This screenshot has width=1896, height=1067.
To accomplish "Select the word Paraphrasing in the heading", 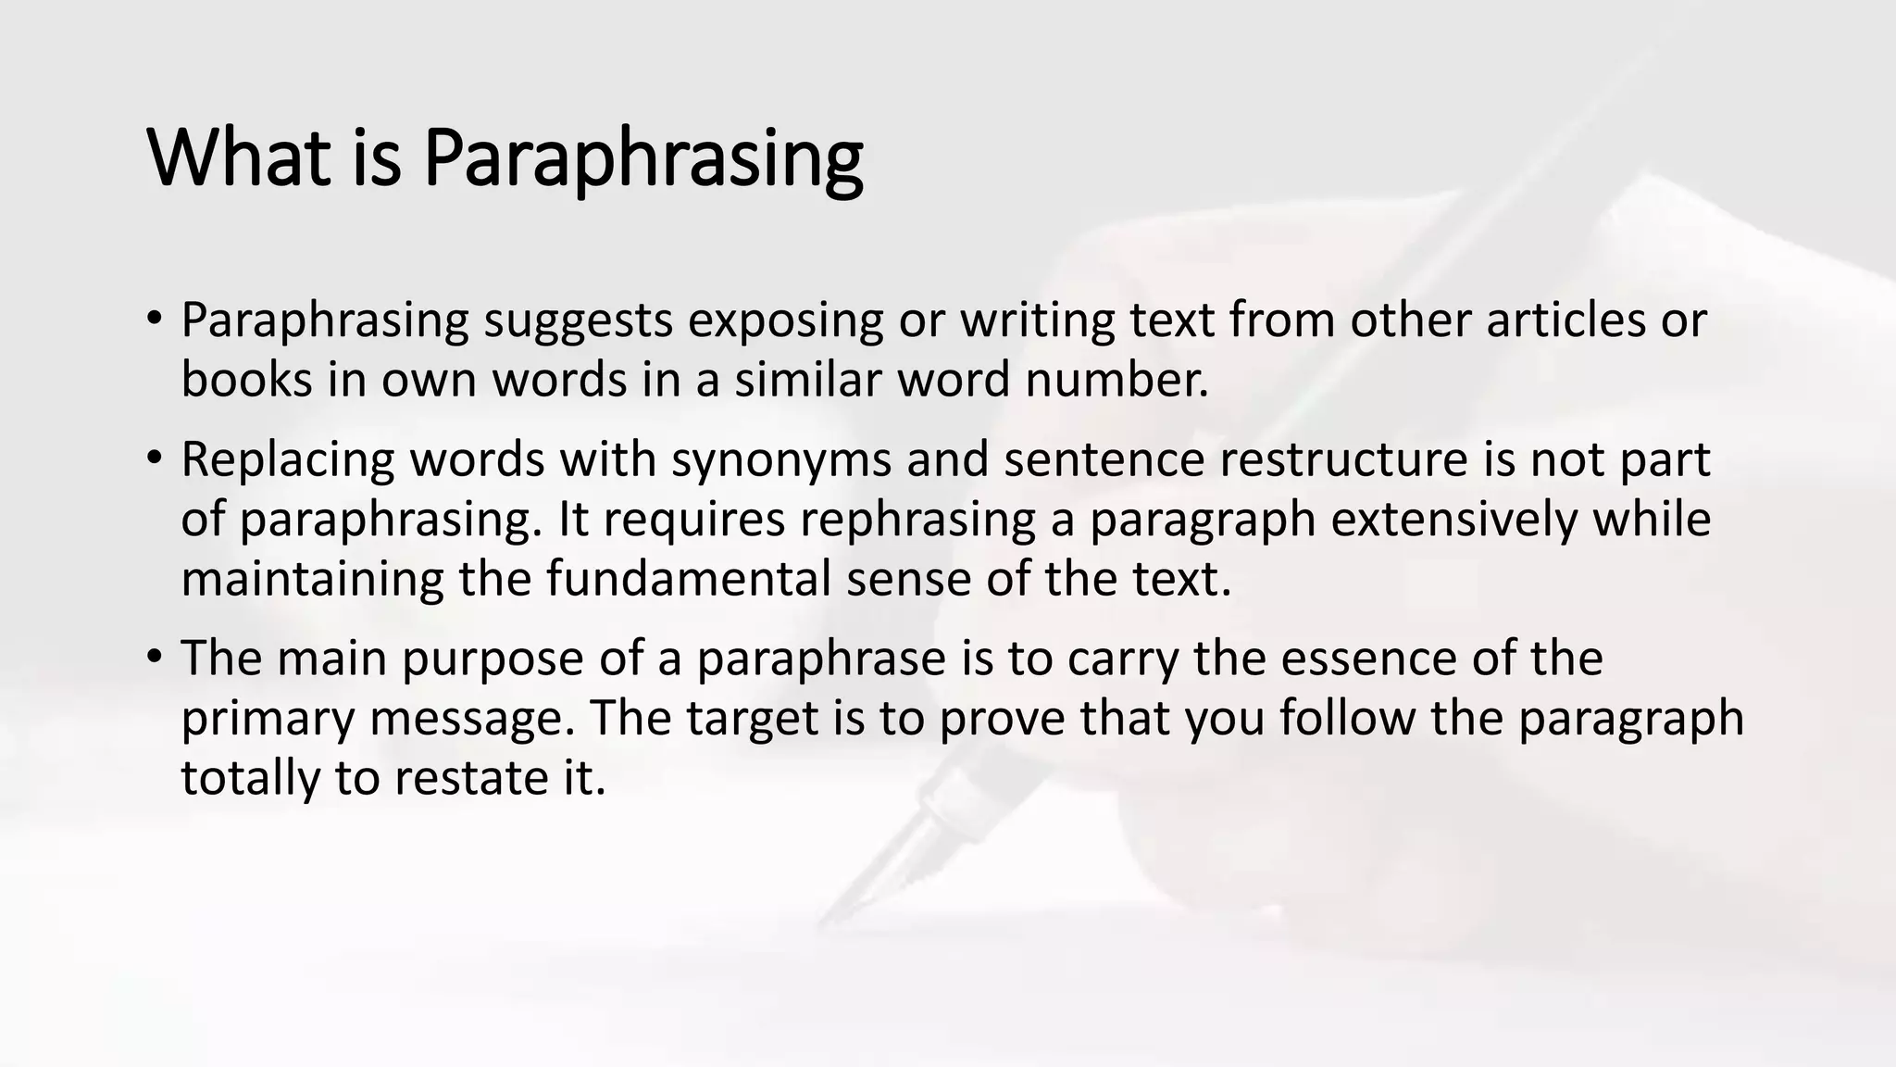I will click(643, 159).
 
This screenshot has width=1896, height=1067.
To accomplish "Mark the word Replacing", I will click(288, 460).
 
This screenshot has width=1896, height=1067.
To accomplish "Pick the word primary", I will click(268, 720).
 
